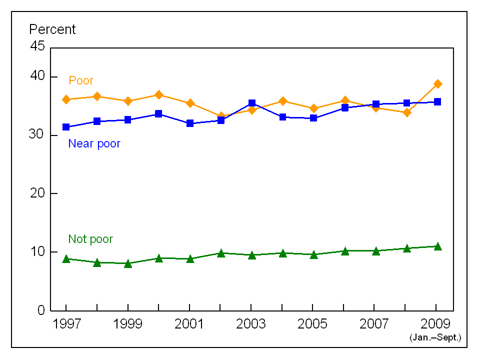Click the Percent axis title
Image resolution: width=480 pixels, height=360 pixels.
point(52,29)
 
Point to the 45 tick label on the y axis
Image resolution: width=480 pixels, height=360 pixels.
point(37,46)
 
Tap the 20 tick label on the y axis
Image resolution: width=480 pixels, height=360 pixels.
point(37,193)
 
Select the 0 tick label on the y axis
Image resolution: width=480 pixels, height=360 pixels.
point(41,310)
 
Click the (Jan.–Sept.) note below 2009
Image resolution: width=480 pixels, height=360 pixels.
point(435,338)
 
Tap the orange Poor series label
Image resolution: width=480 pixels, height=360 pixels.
point(81,80)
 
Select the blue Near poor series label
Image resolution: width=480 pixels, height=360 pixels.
point(94,144)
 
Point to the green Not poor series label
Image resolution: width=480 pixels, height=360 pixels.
point(90,239)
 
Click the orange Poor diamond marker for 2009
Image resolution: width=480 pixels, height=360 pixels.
point(437,83)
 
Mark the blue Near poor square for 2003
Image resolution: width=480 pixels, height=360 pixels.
point(252,103)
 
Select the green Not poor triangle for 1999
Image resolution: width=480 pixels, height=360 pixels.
point(128,263)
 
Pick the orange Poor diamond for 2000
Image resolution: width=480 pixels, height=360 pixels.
point(158,94)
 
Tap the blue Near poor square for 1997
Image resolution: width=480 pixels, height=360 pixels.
point(66,127)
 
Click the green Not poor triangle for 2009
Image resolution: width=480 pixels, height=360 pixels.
point(437,246)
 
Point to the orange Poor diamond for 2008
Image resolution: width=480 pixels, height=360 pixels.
point(407,112)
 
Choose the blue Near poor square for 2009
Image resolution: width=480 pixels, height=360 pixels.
point(437,102)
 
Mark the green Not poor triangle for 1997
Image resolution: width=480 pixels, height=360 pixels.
point(66,258)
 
